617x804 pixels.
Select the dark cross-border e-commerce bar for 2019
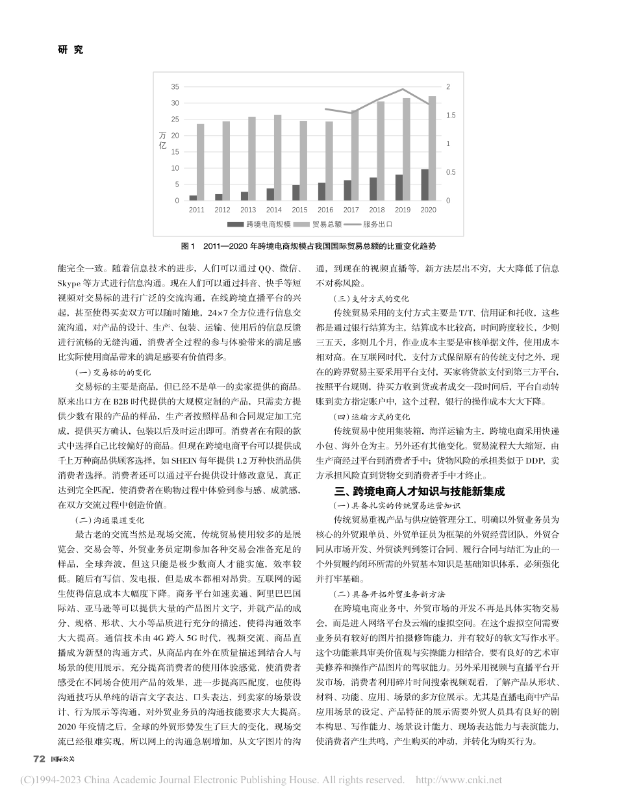(x=399, y=188)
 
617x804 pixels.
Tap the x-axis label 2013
(x=248, y=210)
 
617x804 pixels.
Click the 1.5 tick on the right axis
(x=452, y=116)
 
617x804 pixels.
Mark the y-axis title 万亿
(x=162, y=141)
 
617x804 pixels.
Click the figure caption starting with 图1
(x=308, y=247)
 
